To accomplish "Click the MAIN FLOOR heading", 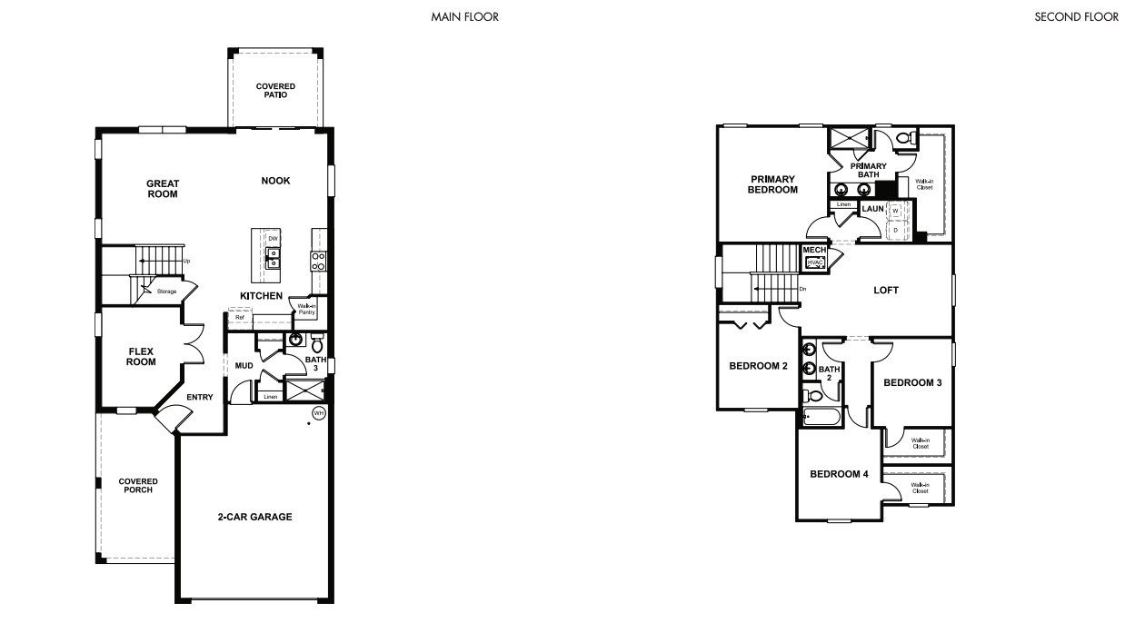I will (464, 16).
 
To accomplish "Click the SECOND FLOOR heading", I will (1076, 16).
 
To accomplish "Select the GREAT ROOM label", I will (163, 188).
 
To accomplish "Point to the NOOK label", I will (275, 181).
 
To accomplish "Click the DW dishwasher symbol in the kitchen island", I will (272, 239).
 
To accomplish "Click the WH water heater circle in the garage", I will (318, 413).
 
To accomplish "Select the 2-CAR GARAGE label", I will (254, 517).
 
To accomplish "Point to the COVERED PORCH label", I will (137, 486).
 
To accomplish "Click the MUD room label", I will (244, 366).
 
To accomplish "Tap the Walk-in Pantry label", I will (305, 309).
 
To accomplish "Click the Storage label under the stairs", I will (165, 292).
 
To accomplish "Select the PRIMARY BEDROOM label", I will (772, 184).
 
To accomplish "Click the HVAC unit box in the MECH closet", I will (813, 262).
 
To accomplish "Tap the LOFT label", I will (886, 290).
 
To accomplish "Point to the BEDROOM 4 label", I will (839, 474).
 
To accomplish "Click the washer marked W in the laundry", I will (895, 211).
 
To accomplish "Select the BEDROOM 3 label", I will (912, 382).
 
